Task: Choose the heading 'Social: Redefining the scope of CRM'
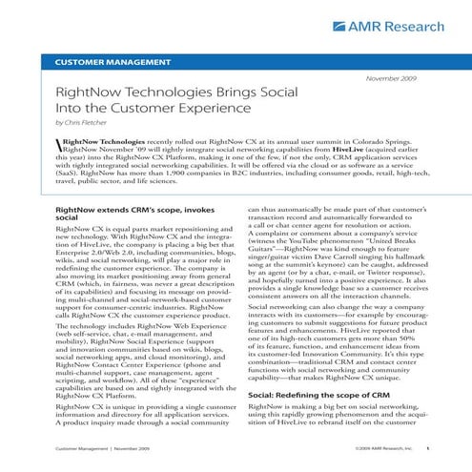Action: click(321, 393)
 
